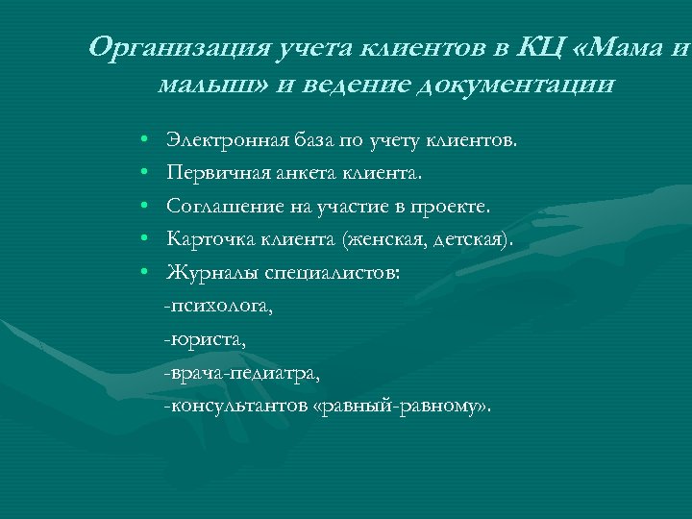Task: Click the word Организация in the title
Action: (x=168, y=46)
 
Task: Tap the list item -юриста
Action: (x=205, y=339)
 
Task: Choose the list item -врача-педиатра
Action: (x=240, y=372)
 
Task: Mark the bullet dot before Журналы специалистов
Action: (x=142, y=273)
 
